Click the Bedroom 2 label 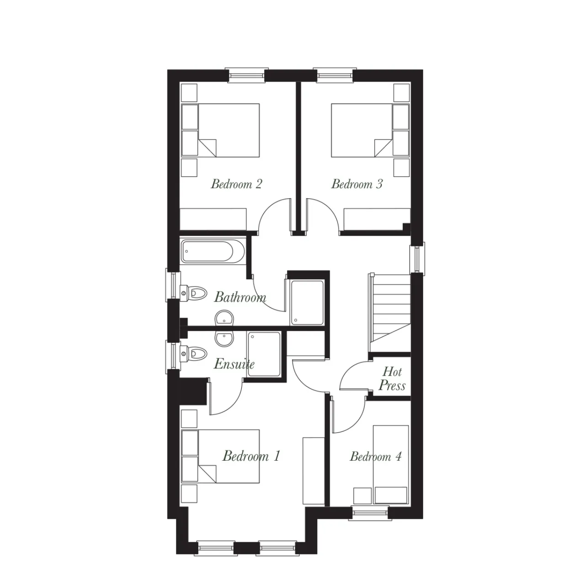click(x=236, y=184)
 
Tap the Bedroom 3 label click(x=356, y=184)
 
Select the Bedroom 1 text click(x=251, y=456)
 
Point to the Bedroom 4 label click(x=376, y=457)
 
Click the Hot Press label click(x=392, y=379)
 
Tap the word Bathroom click(x=240, y=297)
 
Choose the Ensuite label click(x=234, y=364)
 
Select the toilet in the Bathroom click(x=193, y=293)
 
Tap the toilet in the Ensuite click(x=193, y=353)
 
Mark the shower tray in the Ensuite click(x=264, y=354)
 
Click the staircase click(x=389, y=313)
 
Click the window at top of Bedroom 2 click(x=246, y=74)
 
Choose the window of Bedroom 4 click(x=370, y=513)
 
